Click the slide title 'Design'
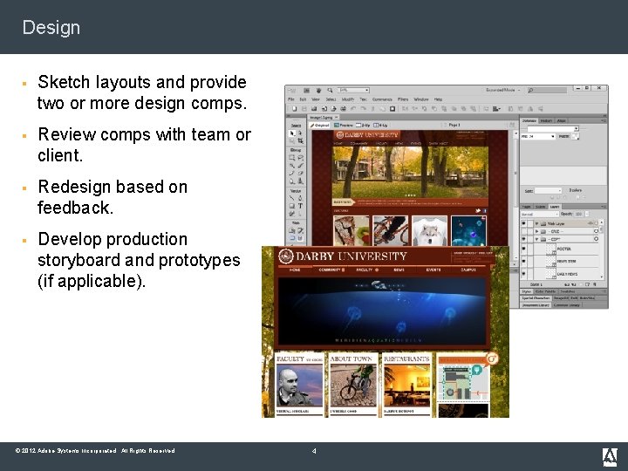51,27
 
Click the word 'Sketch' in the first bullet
65,83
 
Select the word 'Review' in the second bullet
66,135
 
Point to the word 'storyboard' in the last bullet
79,260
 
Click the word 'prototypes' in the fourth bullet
200,260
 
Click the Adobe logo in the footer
610,455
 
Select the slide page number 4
314,451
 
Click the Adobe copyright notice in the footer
95,451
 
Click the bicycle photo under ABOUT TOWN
354,385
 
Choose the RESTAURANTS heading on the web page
406,358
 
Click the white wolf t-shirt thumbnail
428,230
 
